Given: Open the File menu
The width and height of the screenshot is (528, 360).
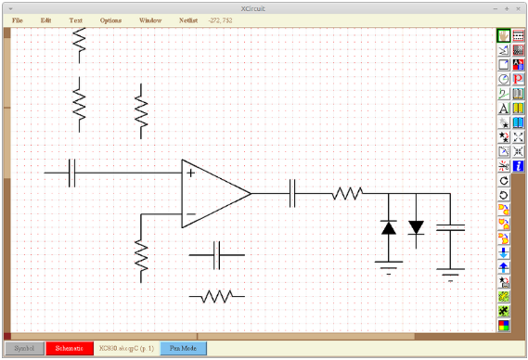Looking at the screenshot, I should coord(18,19).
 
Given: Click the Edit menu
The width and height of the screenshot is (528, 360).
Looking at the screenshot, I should coord(45,19).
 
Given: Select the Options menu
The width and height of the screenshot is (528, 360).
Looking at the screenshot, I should coord(110,19).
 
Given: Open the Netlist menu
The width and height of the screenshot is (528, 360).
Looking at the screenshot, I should coord(189,19).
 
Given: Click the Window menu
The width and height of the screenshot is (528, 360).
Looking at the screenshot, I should coord(149,19).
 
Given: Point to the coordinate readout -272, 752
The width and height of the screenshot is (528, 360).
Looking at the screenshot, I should coord(222,19).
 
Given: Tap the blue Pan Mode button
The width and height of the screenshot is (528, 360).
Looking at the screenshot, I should coord(183,349).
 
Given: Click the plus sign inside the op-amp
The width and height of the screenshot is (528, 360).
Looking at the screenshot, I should coord(190,173).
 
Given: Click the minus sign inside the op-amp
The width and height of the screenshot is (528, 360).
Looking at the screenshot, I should coord(190,214).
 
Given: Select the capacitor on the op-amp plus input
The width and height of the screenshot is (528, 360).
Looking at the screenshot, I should coord(72,173).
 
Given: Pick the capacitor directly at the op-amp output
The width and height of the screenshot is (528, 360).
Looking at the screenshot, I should coord(293,194).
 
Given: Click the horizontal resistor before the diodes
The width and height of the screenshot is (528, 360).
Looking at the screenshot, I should coord(347,194).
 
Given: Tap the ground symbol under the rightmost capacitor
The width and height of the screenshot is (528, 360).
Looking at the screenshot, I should coord(451,273).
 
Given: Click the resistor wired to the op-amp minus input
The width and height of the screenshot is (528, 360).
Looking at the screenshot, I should coord(141,260).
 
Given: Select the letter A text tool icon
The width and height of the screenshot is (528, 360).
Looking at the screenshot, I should coord(504,109).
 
